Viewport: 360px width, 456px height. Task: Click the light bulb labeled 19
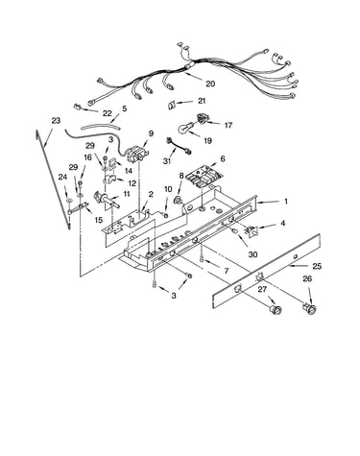tap(185, 128)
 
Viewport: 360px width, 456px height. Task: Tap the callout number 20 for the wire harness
tap(210, 84)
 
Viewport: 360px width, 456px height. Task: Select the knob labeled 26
tap(310, 308)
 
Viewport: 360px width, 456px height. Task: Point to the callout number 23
tap(56, 121)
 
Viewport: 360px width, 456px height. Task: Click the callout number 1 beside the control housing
tap(286, 202)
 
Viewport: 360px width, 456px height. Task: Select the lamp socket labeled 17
tap(202, 118)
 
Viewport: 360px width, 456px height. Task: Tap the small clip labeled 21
tap(172, 105)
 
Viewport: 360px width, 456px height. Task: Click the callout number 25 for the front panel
tap(317, 266)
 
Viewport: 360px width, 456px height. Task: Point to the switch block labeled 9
tap(135, 154)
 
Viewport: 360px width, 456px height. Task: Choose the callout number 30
tap(252, 254)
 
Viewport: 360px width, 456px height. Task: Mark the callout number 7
tap(227, 271)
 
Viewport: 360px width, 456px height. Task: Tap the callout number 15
tap(98, 220)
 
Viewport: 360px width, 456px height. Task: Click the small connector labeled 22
tap(77, 107)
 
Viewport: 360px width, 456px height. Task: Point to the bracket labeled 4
tap(251, 230)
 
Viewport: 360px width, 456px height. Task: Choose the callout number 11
tap(127, 194)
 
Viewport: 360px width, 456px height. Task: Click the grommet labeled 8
tap(178, 201)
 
